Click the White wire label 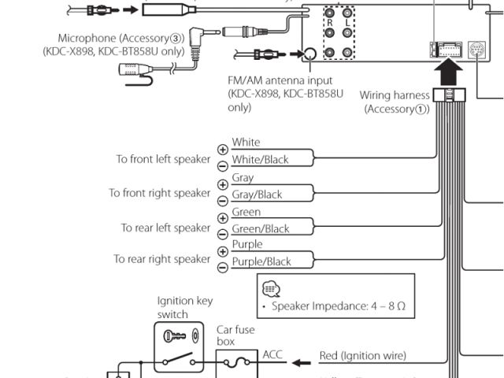point(246,143)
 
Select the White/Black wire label point(260,160)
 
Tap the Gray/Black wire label point(257,195)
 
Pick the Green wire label point(246,213)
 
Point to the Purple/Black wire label point(261,261)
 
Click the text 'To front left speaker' point(163,159)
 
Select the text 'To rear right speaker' point(162,259)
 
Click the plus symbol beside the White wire point(222,149)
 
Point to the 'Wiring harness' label point(395,95)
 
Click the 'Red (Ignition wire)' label point(363,357)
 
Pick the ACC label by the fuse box point(272,354)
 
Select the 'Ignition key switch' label point(185,307)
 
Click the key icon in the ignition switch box point(174,336)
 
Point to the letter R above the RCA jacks point(331,24)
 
